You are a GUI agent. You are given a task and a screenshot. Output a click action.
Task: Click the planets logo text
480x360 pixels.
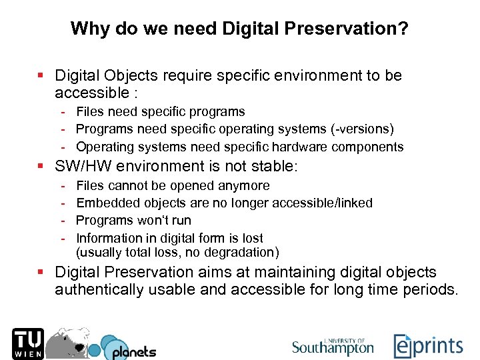133,351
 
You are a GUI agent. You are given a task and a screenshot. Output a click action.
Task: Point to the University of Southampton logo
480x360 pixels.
333,345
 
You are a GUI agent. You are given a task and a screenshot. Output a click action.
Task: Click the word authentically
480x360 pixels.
102,289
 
